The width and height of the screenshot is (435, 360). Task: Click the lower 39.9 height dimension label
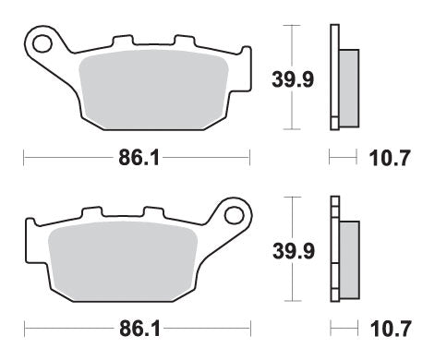click(x=282, y=248)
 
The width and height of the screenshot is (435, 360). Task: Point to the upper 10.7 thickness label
click(x=387, y=158)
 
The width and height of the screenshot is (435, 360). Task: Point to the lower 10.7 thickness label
click(x=387, y=329)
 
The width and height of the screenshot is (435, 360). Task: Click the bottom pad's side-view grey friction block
click(x=349, y=258)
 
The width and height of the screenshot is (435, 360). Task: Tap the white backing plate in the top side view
click(x=333, y=78)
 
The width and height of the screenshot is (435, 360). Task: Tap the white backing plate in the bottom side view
click(x=333, y=249)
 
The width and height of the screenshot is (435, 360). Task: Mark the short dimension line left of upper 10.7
click(x=344, y=158)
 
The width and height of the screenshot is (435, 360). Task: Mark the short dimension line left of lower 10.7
click(x=344, y=329)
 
